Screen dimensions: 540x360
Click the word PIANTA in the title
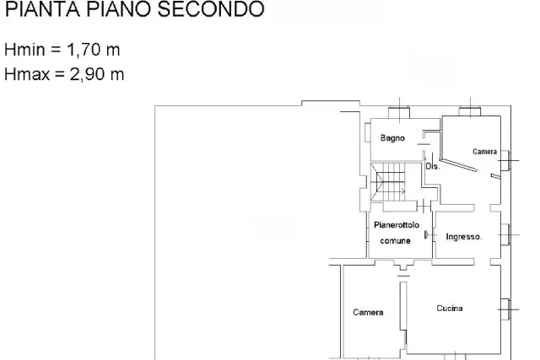(42, 9)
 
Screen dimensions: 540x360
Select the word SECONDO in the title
(211, 9)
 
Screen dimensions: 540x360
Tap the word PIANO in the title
(118, 9)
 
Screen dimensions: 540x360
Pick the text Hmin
(24, 50)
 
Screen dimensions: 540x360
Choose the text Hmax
(27, 74)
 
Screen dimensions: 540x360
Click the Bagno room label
(392, 138)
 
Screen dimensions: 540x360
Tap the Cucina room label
(450, 309)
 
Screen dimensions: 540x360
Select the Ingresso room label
(463, 237)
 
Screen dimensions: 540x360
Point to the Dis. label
(433, 167)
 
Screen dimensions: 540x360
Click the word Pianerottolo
(397, 225)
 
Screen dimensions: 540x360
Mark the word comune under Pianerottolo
(395, 241)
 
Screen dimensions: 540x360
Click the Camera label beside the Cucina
(368, 313)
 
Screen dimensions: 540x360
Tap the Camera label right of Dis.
(484, 152)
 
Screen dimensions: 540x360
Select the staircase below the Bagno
(388, 182)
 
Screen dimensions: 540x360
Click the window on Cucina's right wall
(505, 309)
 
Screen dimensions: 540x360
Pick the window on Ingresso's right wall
(505, 234)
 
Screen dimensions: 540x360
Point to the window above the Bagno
(399, 112)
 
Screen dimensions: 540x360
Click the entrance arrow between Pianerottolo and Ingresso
(427, 235)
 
